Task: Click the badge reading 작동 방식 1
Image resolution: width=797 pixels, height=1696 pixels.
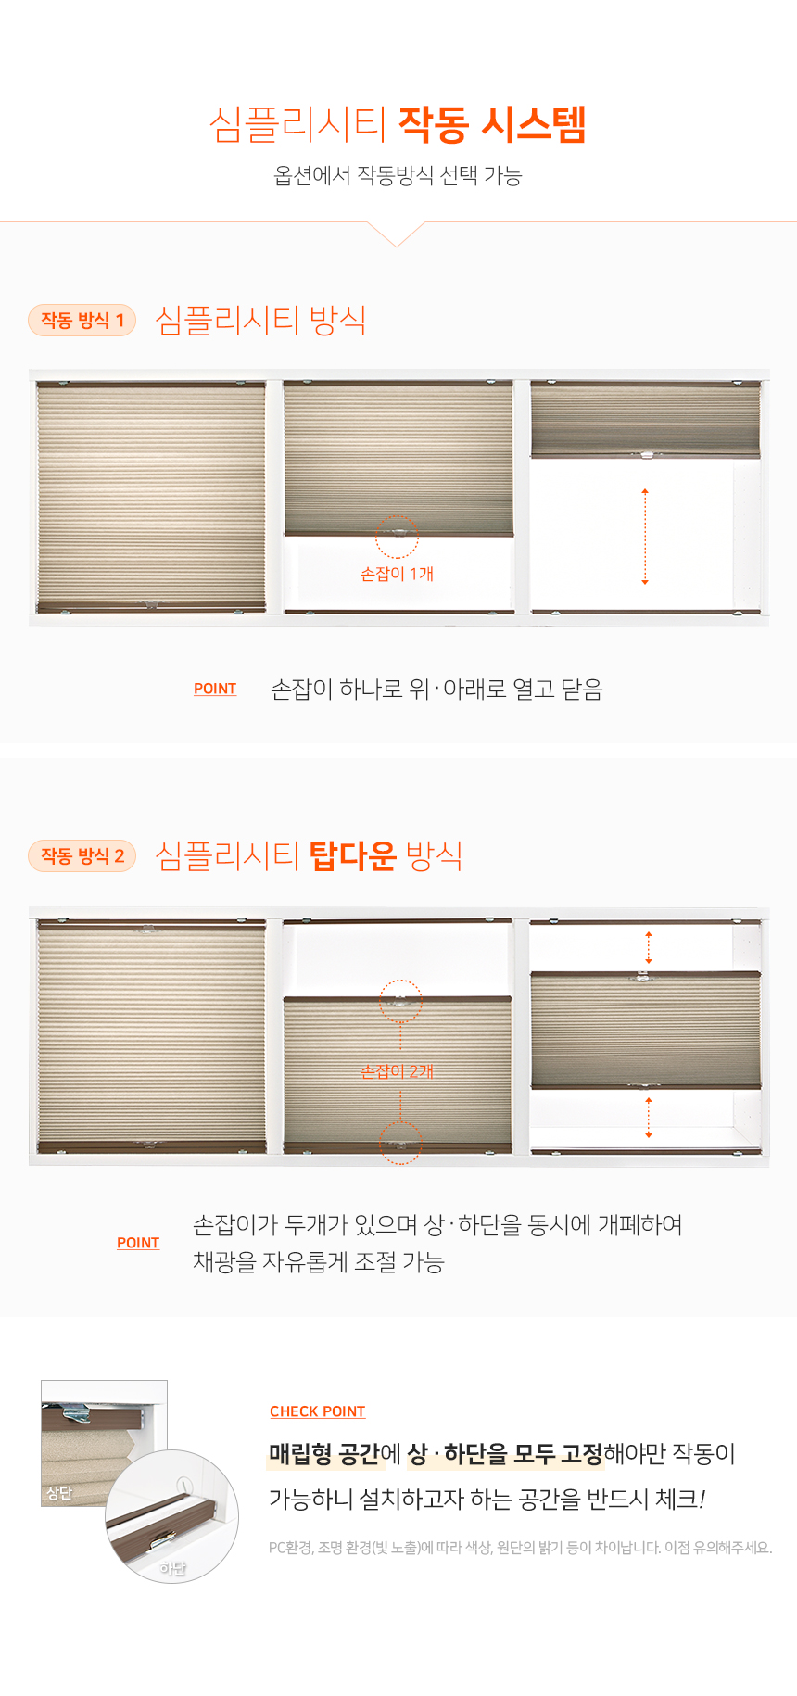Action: coord(82,320)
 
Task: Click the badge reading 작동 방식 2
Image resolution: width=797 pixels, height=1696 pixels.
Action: coord(82,855)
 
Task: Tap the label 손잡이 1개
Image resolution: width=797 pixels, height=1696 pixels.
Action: coord(397,574)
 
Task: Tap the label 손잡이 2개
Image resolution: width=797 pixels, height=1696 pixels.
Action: coord(397,1071)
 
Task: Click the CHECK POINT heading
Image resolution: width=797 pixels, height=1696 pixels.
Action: coord(317,1411)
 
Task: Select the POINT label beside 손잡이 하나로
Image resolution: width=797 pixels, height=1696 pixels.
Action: coord(215,689)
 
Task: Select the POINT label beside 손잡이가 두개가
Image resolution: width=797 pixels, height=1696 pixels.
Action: coord(138,1243)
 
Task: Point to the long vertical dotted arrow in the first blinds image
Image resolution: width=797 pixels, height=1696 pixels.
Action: coord(645,537)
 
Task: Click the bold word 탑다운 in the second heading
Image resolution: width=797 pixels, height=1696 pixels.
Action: coord(352,854)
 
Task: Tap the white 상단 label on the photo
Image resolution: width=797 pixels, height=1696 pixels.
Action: coord(59,1493)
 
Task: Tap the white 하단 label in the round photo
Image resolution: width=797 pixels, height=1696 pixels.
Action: coord(172,1568)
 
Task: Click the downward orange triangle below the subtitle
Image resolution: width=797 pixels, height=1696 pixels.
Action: coord(397,234)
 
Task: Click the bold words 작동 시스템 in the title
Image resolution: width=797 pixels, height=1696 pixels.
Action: coord(492,124)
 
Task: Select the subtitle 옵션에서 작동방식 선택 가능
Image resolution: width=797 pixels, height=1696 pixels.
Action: coord(398,175)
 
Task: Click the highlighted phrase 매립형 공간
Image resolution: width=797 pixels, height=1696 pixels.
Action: coord(324,1453)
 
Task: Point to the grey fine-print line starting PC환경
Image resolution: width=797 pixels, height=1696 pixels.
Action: coord(520,1547)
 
